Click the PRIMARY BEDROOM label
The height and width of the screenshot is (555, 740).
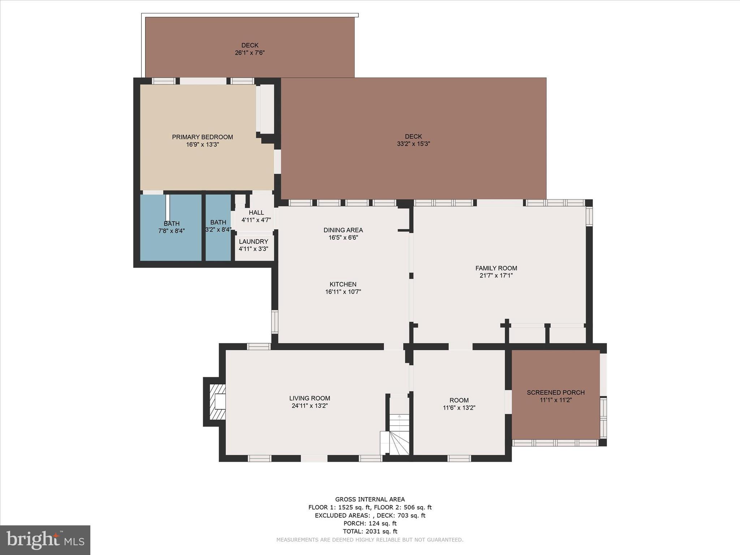[x=202, y=137]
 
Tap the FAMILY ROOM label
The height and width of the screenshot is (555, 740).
[x=496, y=268]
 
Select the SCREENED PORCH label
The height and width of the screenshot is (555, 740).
[x=556, y=392]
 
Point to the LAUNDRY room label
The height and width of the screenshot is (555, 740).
[x=254, y=241]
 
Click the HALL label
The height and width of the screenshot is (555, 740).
[x=256, y=212]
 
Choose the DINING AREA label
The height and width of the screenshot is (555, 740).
[x=343, y=230]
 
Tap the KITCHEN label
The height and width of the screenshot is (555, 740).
[x=343, y=284]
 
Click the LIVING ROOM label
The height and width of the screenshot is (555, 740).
[x=310, y=398]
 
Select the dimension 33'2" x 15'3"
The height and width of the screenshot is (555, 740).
[x=413, y=144]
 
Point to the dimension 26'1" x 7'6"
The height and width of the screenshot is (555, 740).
[x=250, y=53]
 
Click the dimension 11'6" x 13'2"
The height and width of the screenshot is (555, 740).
[x=459, y=408]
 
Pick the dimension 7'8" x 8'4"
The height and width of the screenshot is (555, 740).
[x=172, y=231]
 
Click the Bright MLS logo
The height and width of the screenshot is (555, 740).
[x=45, y=540]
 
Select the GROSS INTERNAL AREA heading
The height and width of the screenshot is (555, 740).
[x=370, y=499]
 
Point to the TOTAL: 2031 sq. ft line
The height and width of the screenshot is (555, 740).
[x=370, y=531]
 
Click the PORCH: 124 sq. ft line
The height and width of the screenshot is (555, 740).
[x=370, y=523]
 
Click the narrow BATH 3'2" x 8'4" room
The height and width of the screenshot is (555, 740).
[x=218, y=227]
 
